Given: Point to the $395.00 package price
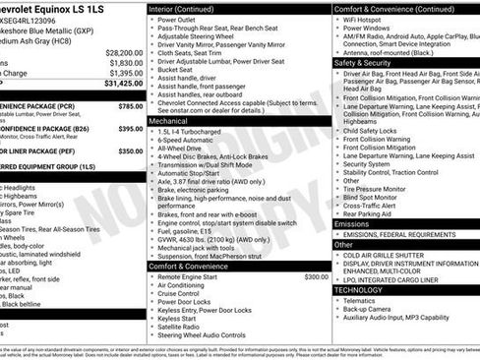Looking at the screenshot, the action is (130, 129).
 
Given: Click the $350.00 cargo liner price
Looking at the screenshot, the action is (130, 151).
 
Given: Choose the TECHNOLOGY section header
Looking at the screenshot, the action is (359, 289).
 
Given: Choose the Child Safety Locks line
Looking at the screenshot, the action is (378, 130).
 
